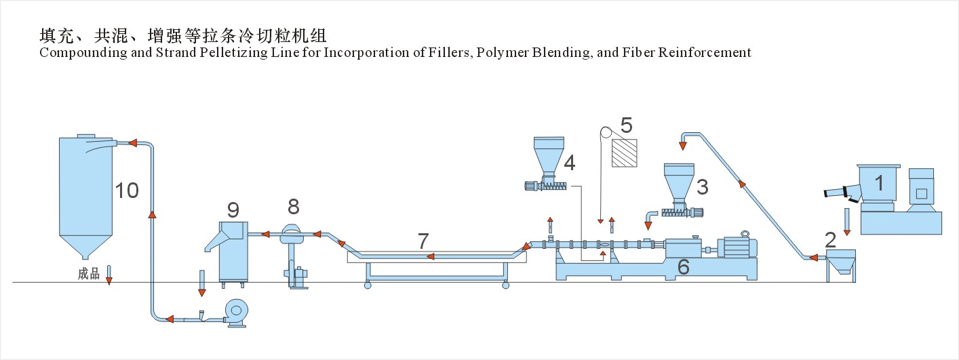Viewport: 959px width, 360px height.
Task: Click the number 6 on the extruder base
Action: (683, 267)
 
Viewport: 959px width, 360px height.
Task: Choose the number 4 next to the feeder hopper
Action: (570, 162)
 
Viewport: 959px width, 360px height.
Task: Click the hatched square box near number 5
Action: (625, 153)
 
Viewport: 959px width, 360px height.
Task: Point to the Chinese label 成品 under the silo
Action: (89, 274)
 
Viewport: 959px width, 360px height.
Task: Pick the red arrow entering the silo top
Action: (134, 143)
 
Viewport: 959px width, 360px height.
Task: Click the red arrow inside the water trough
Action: (430, 256)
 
